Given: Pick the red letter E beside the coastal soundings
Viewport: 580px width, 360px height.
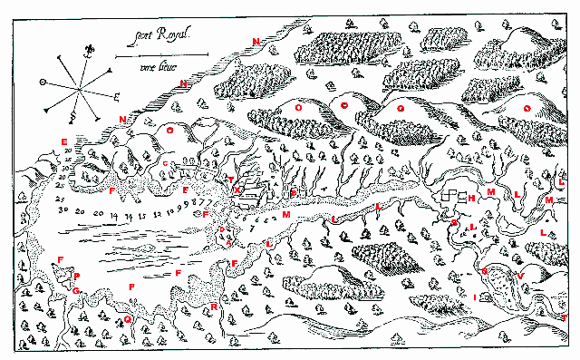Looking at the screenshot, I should pos(64,141).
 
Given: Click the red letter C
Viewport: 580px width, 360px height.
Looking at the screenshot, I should pos(165,163).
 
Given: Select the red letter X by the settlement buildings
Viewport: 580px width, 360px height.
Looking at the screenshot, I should pos(237,190).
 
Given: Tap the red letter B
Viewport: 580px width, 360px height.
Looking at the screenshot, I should pos(293,193).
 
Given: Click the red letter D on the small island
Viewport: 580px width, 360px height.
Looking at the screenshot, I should pos(222,230).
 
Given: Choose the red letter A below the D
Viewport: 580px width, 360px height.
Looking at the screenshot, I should pos(228,242).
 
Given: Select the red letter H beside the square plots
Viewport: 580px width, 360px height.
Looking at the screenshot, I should pos(471,197).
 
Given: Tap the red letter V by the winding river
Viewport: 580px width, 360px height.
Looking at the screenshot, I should pos(520,275).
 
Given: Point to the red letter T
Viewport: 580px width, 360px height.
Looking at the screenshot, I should pos(564,318).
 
